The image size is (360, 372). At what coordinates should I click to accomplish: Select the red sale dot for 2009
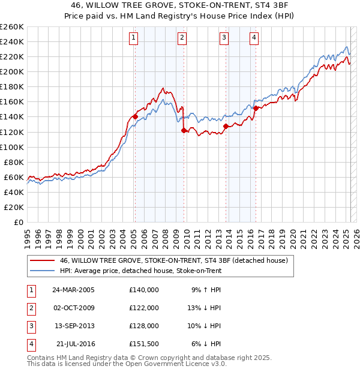184,130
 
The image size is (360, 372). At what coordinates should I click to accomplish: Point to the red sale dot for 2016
256,108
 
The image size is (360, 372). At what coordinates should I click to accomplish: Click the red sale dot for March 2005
135,116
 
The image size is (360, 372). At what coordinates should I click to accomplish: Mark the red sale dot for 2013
226,126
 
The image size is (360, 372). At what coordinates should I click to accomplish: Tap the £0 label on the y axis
19,222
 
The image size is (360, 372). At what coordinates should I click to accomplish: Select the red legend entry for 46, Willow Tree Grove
174,260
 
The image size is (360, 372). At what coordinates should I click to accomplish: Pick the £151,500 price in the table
144,344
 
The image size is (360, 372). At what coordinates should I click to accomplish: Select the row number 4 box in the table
30,344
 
